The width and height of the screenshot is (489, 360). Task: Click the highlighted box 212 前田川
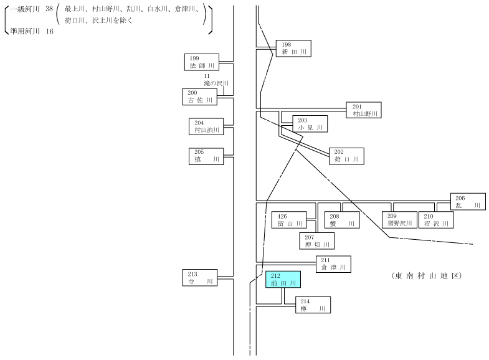(283, 279)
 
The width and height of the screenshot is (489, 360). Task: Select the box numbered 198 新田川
(293, 49)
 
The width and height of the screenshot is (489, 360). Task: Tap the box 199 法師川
(202, 62)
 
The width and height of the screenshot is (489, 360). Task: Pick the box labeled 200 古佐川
(199, 97)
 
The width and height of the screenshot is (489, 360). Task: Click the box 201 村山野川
(364, 110)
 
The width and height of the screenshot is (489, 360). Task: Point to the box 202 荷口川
(346, 156)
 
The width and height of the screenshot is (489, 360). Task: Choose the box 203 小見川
(310, 124)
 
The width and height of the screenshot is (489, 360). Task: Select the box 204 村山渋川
(206, 126)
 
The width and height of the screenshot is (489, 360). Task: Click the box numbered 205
(206, 156)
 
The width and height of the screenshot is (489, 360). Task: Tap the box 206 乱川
(468, 201)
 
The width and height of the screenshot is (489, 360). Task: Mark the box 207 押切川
(317, 241)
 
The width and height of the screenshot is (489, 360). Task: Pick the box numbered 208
(342, 220)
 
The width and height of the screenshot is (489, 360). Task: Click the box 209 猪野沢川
(399, 220)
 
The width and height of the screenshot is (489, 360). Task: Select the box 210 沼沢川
(436, 220)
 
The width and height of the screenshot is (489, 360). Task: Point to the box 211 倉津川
(333, 264)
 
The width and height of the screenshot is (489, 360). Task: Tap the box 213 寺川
(199, 278)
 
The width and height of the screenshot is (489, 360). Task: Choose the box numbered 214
(313, 305)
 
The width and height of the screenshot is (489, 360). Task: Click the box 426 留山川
(289, 220)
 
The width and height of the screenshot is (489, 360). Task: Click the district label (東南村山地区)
(427, 276)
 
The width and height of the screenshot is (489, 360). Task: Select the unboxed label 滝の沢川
(216, 83)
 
